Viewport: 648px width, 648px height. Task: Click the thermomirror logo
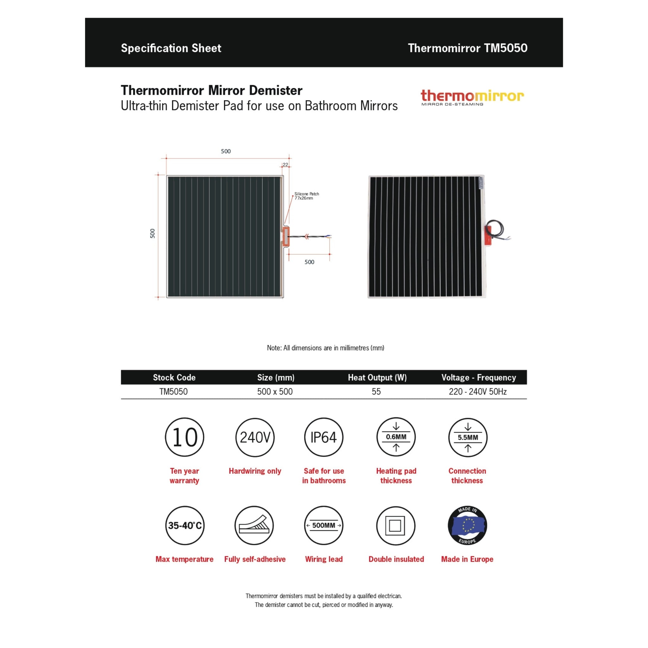(472, 97)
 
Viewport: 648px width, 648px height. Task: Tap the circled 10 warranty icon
(184, 437)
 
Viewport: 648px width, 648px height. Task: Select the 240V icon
(255, 437)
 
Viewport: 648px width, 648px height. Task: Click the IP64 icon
(324, 437)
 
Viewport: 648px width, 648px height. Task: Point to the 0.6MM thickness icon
(396, 437)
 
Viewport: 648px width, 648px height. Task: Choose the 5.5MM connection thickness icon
(468, 437)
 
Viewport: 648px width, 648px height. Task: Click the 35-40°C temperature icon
(185, 525)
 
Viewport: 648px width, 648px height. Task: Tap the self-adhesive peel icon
(254, 525)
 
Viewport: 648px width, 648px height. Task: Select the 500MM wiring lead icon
(324, 525)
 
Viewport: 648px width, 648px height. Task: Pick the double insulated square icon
(396, 525)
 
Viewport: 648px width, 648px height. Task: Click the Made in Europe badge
(467, 525)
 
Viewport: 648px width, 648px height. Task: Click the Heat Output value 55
(376, 391)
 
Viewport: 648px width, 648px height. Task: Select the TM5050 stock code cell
(173, 391)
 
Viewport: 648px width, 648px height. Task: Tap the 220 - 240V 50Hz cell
(477, 391)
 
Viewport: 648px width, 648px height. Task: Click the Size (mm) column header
(276, 377)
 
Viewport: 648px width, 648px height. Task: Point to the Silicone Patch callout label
(306, 196)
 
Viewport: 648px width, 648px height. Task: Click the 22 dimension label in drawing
(285, 165)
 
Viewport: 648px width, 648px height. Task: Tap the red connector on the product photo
(488, 236)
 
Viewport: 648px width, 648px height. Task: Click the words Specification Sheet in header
(171, 48)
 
